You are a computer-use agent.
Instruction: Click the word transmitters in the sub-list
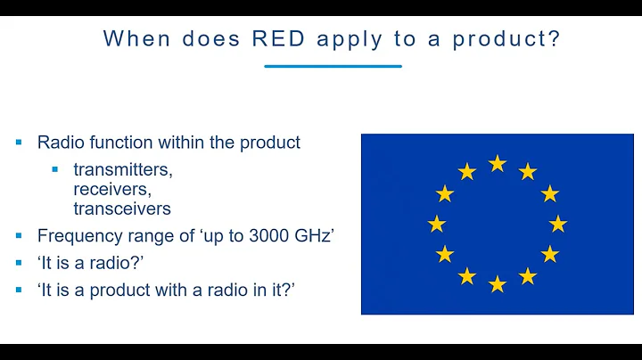point(122,168)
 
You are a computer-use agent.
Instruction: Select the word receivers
point(112,188)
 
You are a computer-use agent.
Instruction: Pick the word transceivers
point(122,209)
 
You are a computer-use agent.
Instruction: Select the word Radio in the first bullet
point(59,142)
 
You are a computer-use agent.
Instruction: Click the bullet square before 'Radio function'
point(19,142)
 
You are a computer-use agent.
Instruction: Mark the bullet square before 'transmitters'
point(55,168)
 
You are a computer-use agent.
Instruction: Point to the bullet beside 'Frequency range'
point(19,236)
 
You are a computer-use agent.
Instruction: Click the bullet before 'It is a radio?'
point(19,263)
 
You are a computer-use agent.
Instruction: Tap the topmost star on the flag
point(498,163)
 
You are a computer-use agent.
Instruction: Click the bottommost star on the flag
point(498,283)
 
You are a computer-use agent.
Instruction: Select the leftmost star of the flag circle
point(437,224)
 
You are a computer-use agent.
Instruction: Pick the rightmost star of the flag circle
point(558,224)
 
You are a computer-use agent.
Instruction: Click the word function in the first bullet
point(129,142)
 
